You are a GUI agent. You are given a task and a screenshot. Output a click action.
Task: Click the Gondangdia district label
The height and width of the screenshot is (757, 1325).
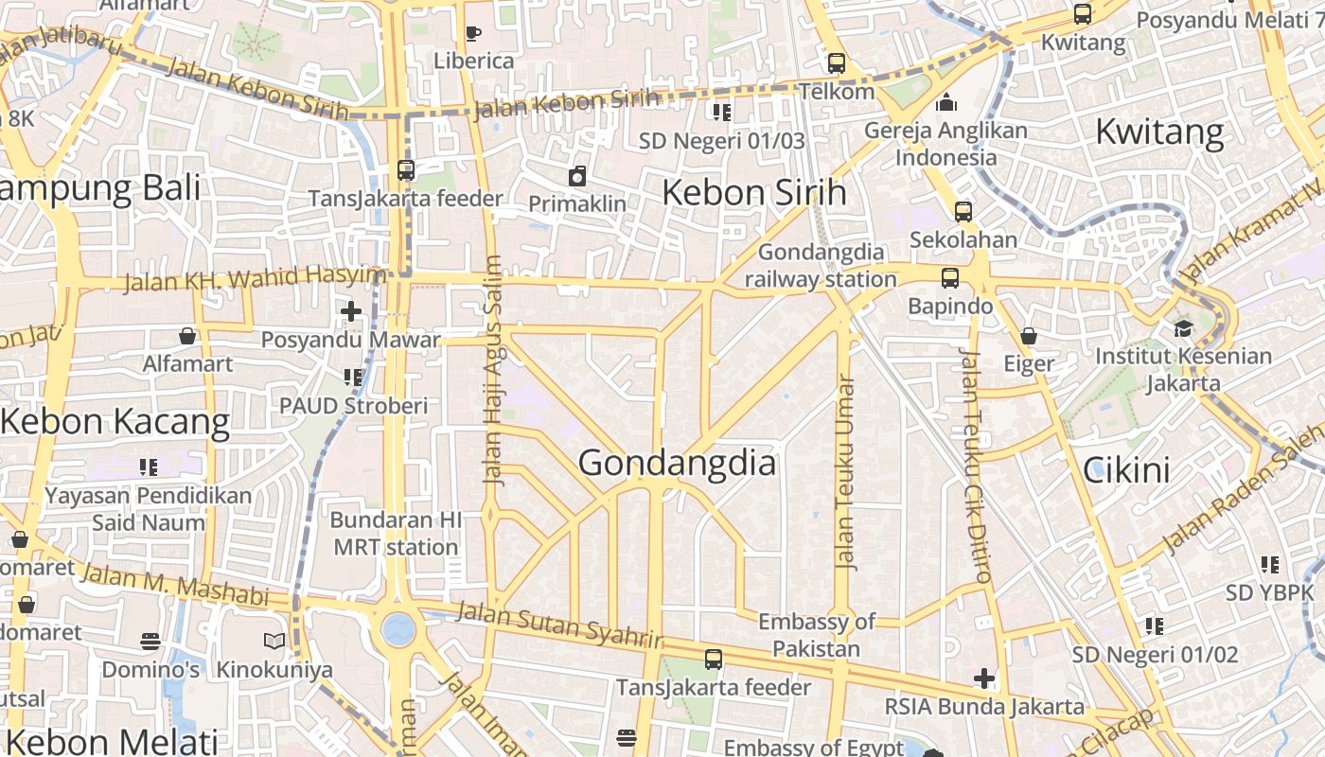[x=677, y=463]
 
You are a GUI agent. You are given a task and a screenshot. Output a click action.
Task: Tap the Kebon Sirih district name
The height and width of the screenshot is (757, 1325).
[x=753, y=192]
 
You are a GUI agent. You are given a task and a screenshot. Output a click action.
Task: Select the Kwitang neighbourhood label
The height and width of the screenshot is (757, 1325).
[x=1159, y=132]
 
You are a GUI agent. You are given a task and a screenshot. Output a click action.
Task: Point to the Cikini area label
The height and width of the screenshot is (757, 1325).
[x=1126, y=470]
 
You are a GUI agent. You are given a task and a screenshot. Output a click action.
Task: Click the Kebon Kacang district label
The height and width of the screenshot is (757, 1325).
[x=115, y=422]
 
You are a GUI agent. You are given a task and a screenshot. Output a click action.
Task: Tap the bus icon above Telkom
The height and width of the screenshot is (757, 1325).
[x=837, y=63]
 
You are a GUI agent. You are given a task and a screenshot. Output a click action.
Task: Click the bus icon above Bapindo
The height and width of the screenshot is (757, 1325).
[x=950, y=278]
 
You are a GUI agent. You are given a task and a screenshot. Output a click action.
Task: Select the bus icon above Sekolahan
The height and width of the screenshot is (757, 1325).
[x=963, y=212]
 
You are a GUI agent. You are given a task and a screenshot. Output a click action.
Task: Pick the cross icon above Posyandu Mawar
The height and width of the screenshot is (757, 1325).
[x=351, y=310]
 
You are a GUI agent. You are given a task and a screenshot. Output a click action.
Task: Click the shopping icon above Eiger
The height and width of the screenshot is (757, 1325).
[x=1029, y=336]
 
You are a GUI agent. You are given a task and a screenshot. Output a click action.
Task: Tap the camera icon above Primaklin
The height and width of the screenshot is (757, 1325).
[x=577, y=176]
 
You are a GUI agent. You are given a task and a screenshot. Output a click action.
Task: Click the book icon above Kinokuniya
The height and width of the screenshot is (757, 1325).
[x=274, y=642]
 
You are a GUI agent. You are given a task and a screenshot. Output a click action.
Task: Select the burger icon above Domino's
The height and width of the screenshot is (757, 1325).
[x=150, y=642]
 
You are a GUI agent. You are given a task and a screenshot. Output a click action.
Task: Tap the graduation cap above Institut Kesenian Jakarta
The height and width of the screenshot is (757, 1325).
[x=1183, y=328]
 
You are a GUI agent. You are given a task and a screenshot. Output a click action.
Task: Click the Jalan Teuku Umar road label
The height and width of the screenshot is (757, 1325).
[x=845, y=473]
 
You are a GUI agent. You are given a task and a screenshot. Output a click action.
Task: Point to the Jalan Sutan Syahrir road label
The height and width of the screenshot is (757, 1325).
[x=559, y=625]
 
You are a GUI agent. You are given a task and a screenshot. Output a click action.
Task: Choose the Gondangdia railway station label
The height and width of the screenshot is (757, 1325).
[x=821, y=266]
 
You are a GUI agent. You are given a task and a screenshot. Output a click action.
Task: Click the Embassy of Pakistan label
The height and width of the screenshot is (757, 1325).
[x=816, y=635]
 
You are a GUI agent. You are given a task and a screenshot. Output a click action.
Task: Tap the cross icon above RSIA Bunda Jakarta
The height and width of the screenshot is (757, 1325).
[x=984, y=678]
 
